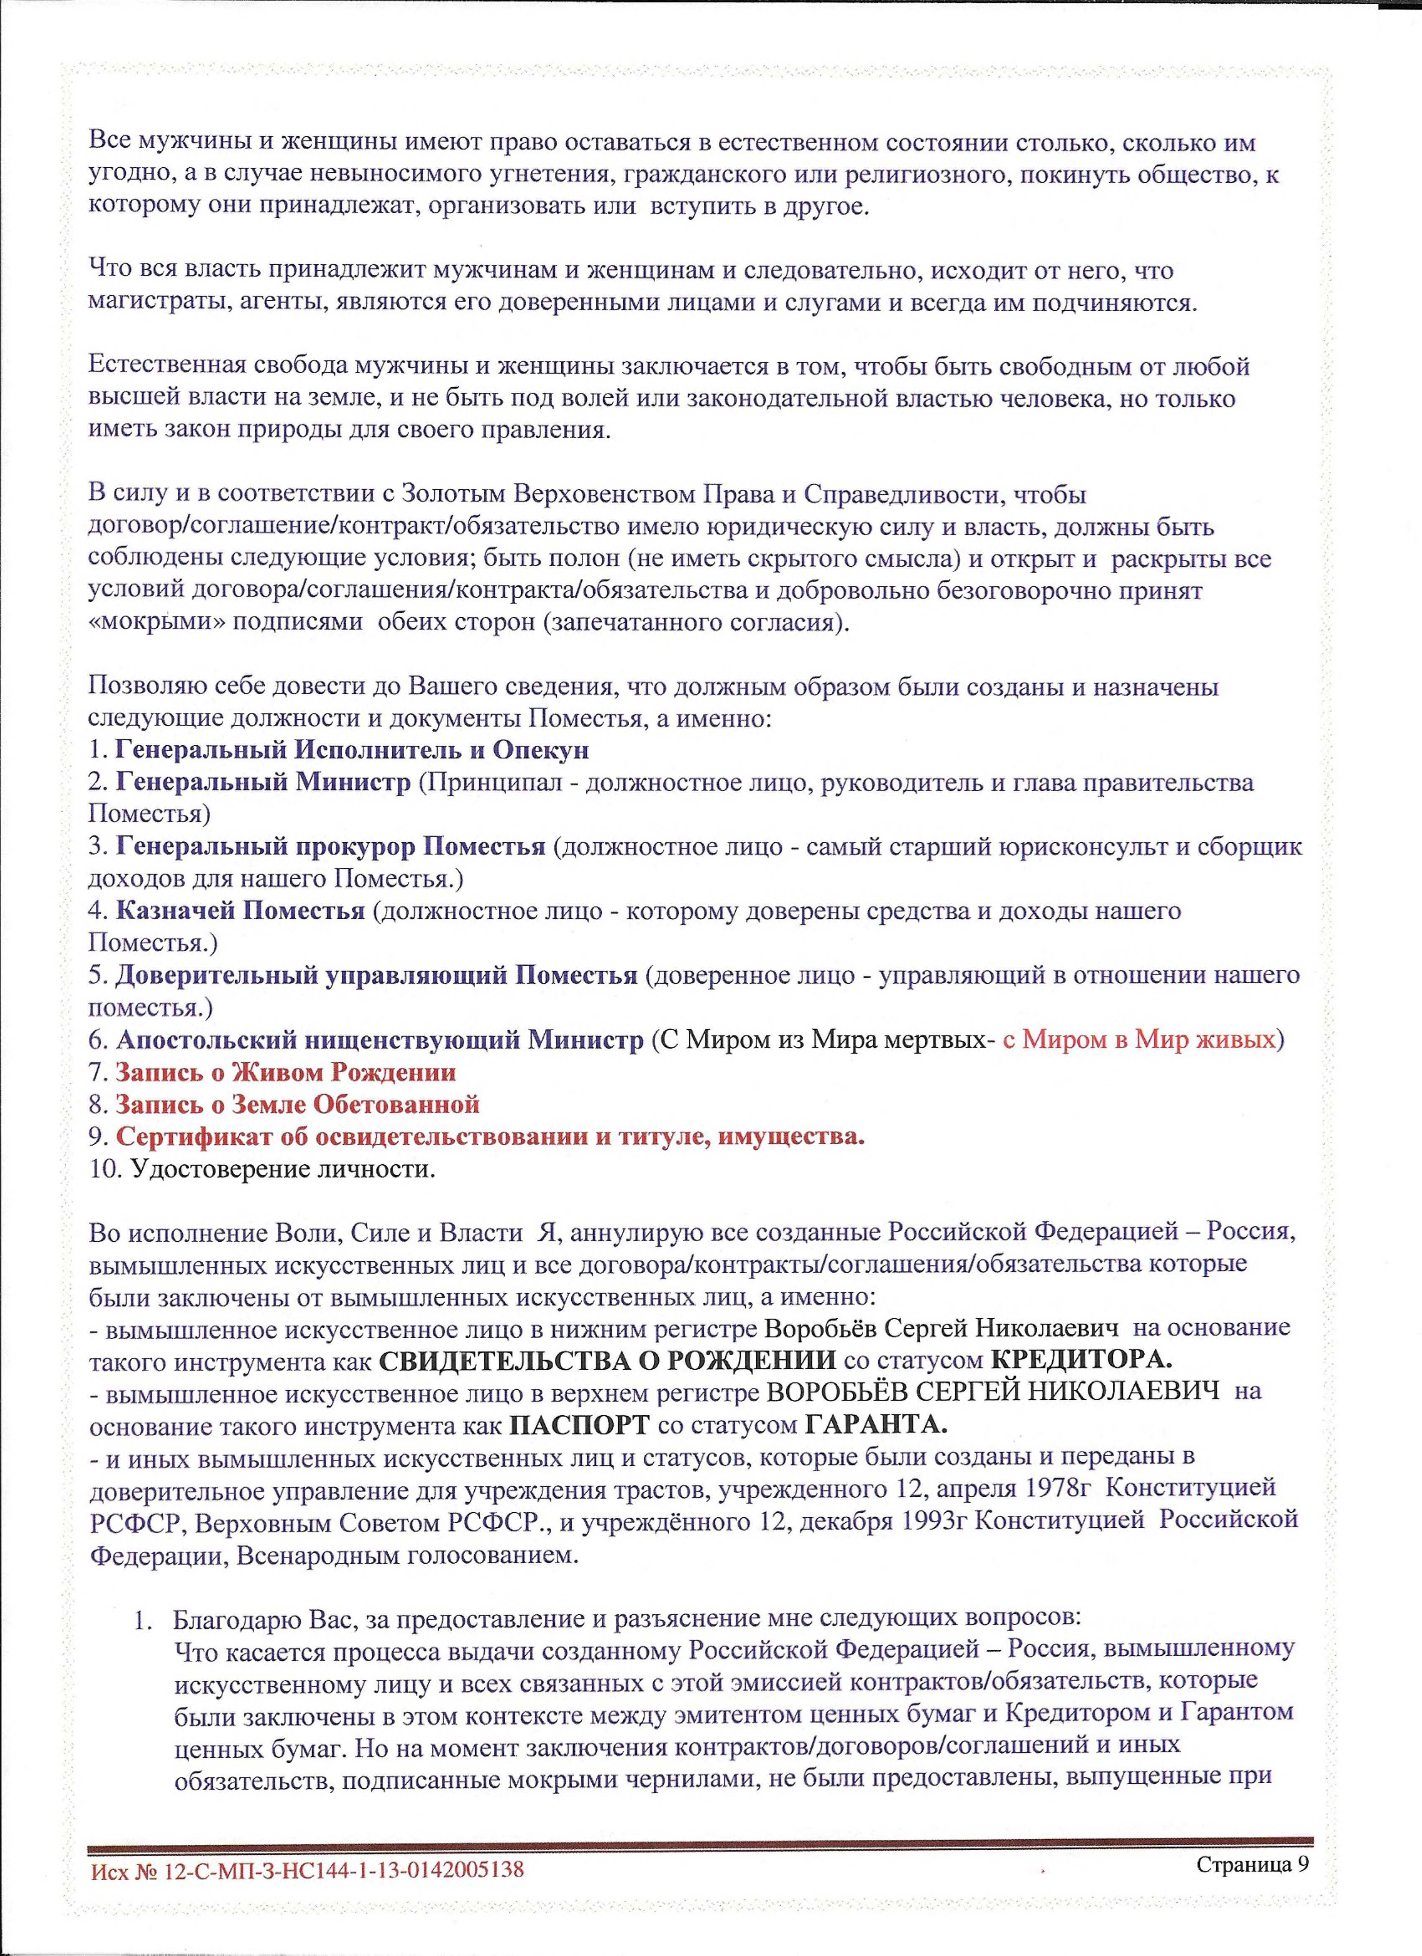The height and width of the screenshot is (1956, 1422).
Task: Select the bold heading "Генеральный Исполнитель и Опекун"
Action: coord(352,750)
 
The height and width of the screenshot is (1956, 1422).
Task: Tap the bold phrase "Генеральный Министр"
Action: coord(263,783)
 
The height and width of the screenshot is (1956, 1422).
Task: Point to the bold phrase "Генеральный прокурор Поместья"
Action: coord(330,847)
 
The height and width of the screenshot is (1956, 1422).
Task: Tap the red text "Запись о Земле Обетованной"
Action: coord(297,1105)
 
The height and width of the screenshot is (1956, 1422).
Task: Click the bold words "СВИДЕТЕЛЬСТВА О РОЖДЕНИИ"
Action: coord(607,1361)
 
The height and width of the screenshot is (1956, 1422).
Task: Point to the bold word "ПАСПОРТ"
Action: coord(579,1425)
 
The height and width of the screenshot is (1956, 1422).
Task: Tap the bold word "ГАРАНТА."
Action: coord(876,1425)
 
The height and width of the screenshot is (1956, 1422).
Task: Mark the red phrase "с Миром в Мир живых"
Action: coord(1138,1040)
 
